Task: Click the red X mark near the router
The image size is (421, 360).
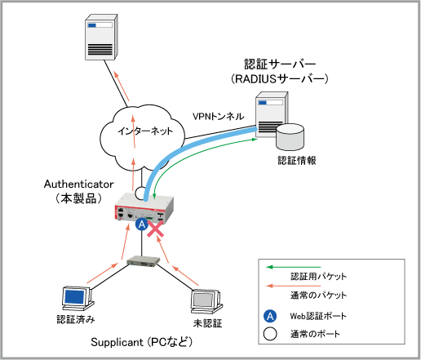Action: coord(155,229)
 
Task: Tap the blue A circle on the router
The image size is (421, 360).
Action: coord(142,224)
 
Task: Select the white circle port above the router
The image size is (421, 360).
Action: coord(141,193)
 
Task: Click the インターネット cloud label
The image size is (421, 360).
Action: coord(145,131)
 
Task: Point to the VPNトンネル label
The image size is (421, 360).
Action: coord(219,117)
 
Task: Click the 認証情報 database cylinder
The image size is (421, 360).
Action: coord(290,137)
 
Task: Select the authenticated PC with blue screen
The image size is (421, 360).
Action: coord(77,298)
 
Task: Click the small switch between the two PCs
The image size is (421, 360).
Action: coord(143,261)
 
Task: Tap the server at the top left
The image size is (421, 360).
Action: coord(101,37)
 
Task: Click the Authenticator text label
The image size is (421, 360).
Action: coord(79,184)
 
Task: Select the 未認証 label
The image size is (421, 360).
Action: coord(208,323)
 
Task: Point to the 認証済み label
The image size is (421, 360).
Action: coord(76,319)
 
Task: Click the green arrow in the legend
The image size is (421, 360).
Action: coord(293,267)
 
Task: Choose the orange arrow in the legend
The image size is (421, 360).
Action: coord(293,286)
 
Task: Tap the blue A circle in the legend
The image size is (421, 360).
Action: coord(270,316)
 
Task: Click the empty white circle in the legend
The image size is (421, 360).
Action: coord(270,334)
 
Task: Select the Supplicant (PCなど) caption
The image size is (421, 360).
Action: coord(142,342)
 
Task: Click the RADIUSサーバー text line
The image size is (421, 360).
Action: coord(280,79)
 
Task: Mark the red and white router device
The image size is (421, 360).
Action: coord(144,208)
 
